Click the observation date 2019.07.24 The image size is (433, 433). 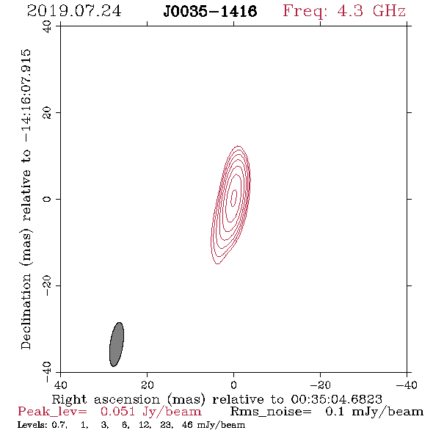[74, 11]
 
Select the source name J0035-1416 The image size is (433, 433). [210, 11]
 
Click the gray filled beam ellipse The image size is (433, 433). [117, 344]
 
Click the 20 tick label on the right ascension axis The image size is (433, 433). [147, 385]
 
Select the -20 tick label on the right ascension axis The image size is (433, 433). [320, 385]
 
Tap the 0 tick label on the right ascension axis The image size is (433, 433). [233, 385]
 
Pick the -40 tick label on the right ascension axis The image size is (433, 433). [407, 385]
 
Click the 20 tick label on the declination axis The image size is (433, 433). [47, 113]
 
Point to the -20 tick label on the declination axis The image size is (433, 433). [47, 285]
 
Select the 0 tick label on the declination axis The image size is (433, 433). [47, 199]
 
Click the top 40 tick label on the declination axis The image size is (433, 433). [47, 26]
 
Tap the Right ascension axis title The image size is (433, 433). [217, 399]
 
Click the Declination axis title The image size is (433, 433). [26, 199]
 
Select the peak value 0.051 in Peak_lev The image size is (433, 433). [117, 412]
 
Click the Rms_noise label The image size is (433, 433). [271, 412]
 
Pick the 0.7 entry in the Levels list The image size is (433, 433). [59, 425]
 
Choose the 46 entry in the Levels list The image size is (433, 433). [187, 424]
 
